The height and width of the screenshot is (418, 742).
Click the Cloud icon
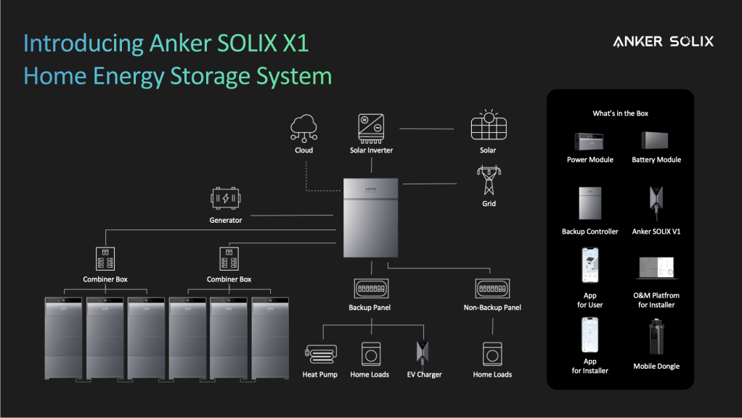(303, 128)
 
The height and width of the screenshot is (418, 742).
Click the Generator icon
(225, 198)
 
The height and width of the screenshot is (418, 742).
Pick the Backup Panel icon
(371, 288)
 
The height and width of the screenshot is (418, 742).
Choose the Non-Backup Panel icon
(492, 288)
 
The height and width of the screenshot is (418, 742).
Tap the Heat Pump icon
(319, 353)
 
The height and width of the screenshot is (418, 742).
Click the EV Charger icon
(424, 353)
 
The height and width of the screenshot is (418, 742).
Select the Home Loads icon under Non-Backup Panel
(492, 353)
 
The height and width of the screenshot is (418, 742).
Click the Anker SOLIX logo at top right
(663, 41)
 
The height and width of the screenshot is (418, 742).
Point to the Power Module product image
(590, 140)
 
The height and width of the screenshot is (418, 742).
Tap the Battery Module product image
(656, 140)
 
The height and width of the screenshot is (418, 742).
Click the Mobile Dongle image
(656, 337)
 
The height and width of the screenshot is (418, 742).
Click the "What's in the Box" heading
(620, 113)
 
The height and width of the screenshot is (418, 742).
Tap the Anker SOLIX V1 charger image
(656, 202)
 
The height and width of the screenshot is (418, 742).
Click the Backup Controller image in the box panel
(590, 203)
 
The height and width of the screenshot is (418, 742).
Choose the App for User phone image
(590, 267)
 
